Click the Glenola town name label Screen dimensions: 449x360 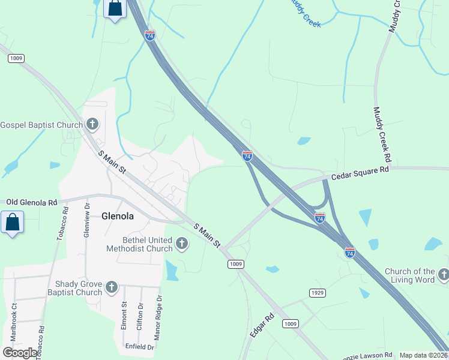coord(117,216)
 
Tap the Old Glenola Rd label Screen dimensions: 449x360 coord(31,202)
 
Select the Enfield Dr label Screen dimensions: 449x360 coord(140,346)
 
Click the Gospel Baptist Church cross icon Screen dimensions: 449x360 coord(92,124)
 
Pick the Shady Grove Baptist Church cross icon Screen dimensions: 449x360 coord(111,287)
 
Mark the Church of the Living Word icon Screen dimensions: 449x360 coord(444,275)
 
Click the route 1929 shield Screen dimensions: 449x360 coord(318,292)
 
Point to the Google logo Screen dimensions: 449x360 coord(20,353)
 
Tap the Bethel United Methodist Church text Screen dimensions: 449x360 coord(139,244)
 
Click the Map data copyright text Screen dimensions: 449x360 coord(424,355)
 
